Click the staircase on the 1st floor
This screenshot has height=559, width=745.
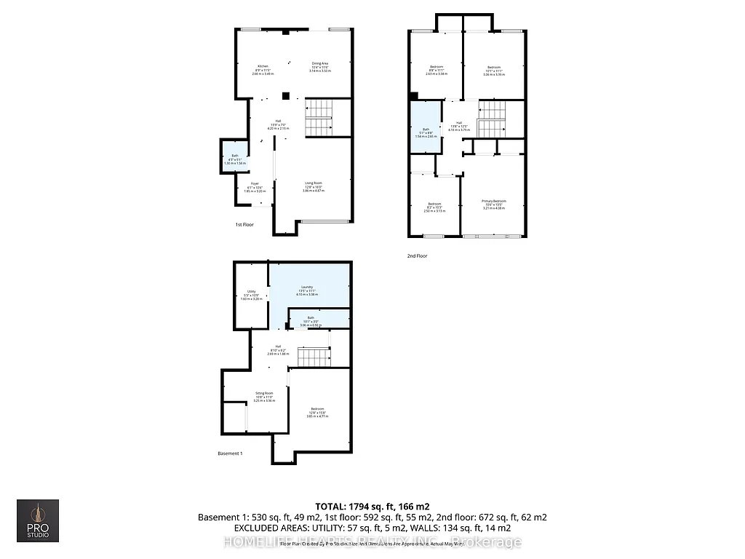tap(318, 116)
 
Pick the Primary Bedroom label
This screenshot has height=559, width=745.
tap(493, 202)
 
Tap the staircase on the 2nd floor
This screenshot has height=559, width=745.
tap(493, 119)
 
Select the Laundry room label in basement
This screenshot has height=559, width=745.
tap(309, 288)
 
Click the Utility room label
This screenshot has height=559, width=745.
tap(251, 293)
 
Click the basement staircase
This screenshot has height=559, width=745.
tap(313, 357)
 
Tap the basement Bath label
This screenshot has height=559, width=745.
tap(310, 318)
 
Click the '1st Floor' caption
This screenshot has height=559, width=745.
tap(244, 225)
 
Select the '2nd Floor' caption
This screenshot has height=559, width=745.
tap(417, 255)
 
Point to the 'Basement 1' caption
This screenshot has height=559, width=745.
tap(230, 453)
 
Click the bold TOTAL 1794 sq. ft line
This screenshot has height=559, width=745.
tap(372, 506)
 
